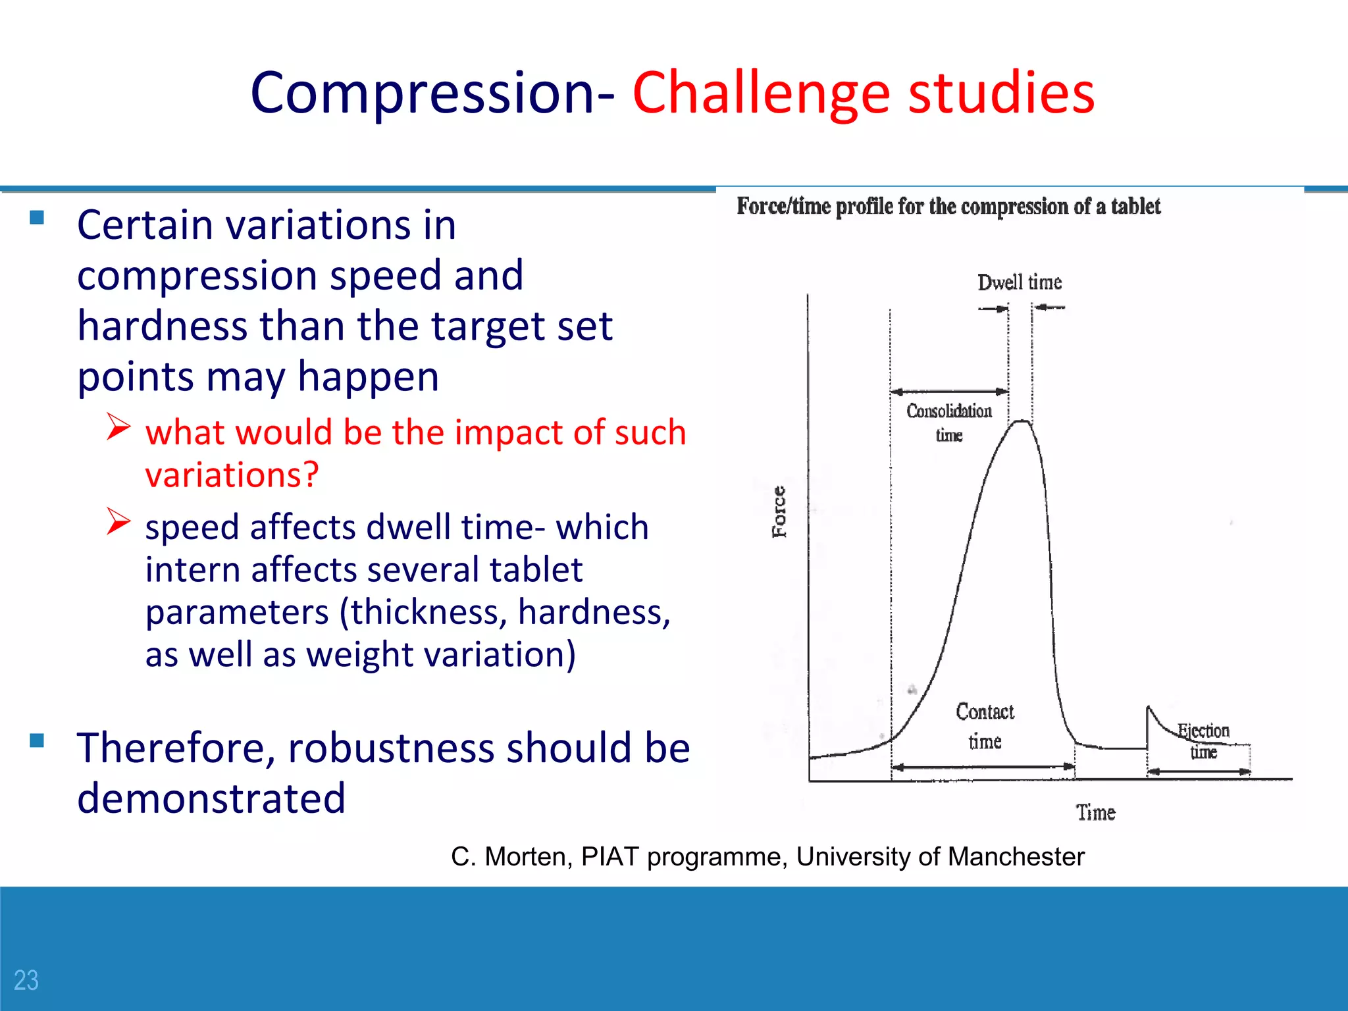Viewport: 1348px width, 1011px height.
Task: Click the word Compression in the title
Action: pos(423,93)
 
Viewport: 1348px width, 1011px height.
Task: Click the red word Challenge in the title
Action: pos(761,93)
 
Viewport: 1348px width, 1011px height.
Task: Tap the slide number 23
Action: pos(26,980)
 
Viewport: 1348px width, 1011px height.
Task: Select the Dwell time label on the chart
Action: pos(1019,282)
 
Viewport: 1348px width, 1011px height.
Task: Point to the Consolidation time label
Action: pos(948,422)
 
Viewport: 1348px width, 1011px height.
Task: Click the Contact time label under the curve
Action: pos(985,726)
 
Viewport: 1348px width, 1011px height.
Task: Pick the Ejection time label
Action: pos(1203,740)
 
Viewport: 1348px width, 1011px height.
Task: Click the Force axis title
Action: pos(779,511)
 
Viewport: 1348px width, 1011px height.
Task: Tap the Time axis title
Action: pos(1095,812)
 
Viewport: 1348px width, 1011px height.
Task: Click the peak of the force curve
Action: pos(1021,421)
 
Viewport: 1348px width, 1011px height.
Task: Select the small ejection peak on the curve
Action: pos(1149,709)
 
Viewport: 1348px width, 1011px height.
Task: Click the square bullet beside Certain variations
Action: pos(37,218)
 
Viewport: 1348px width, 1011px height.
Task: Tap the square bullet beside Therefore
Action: pos(37,741)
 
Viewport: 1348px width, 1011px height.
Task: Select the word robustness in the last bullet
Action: pos(391,748)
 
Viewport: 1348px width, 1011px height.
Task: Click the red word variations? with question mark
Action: pos(232,475)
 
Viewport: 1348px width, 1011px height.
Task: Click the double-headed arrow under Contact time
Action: pos(982,767)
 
